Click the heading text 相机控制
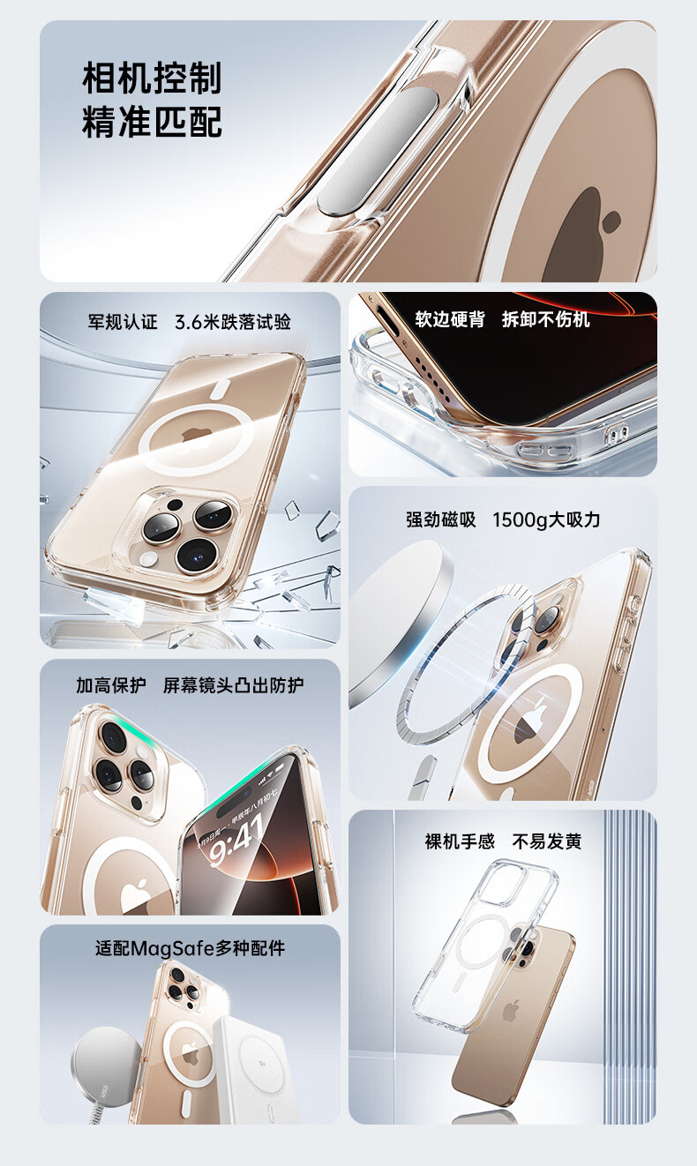[x=152, y=78]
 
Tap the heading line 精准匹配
[x=152, y=122]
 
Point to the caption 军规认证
[x=123, y=322]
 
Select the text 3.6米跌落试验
[x=233, y=322]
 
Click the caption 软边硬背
[x=450, y=319]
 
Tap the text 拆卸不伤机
[x=546, y=319]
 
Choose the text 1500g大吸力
[x=546, y=519]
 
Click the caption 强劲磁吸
[x=441, y=519]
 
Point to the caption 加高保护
[x=111, y=685]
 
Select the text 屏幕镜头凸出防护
[x=233, y=685]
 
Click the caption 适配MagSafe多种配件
[x=190, y=948]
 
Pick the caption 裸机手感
[x=460, y=841]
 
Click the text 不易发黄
[x=546, y=841]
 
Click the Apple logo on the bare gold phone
[x=511, y=1011]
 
